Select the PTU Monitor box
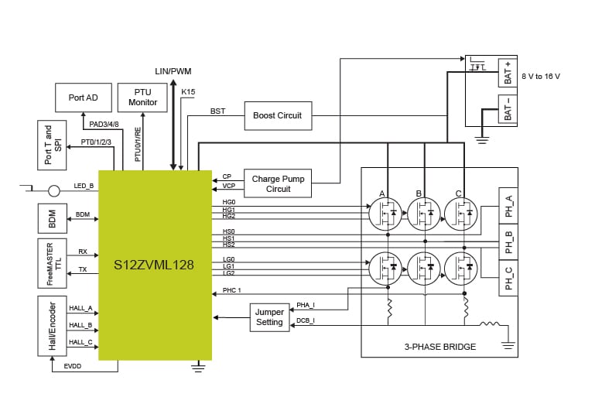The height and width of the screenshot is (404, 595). [x=143, y=98]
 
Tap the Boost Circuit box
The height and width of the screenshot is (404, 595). [x=278, y=115]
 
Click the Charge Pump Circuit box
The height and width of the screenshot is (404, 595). [x=278, y=183]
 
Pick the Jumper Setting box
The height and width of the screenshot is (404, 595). [x=269, y=317]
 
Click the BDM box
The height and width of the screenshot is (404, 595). [x=51, y=218]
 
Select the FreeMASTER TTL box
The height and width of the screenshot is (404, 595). [x=51, y=262]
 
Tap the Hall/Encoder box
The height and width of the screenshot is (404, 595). [x=51, y=325]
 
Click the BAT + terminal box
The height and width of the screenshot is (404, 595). [x=508, y=72]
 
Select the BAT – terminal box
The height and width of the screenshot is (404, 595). [x=508, y=109]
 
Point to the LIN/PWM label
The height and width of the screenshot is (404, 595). [x=174, y=71]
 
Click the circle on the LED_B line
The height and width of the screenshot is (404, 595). [x=54, y=190]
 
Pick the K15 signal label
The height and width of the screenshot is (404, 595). [x=188, y=92]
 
